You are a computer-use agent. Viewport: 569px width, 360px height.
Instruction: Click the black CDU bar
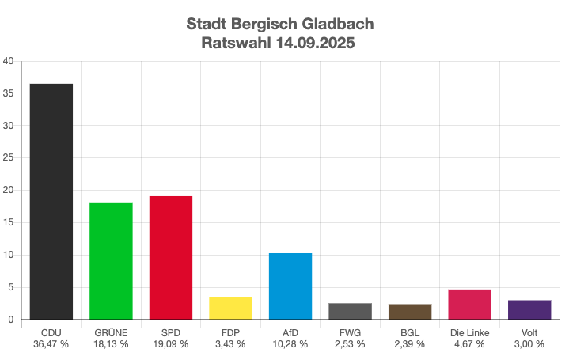(51, 202)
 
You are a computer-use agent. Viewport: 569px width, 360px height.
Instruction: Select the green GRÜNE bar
(111, 261)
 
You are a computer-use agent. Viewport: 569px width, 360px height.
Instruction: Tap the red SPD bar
(171, 258)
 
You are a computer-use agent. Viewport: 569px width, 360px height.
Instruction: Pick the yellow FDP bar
(230, 309)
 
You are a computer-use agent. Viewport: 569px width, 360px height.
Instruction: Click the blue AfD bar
(290, 286)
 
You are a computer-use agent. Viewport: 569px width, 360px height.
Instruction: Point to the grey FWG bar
(350, 312)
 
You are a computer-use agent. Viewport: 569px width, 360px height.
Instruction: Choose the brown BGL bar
(410, 312)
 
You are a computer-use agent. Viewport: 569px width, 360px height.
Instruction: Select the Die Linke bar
(469, 305)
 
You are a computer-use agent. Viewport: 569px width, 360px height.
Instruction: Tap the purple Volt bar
(529, 310)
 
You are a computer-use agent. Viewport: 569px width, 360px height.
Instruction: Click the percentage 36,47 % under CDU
(51, 344)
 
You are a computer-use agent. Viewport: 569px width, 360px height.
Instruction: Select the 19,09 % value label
(171, 344)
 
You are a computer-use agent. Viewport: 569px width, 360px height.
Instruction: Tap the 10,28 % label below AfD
(290, 344)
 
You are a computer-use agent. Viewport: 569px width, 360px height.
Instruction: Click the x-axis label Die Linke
(469, 333)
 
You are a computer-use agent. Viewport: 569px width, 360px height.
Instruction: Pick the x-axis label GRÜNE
(111, 333)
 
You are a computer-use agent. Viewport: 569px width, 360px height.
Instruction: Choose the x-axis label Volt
(529, 333)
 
